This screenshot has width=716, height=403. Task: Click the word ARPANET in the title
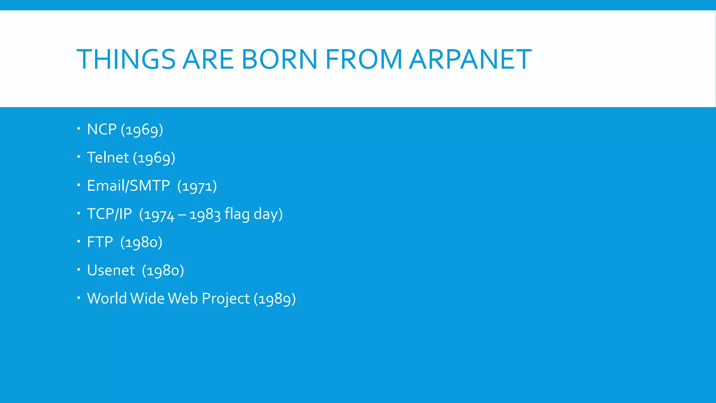pos(470,59)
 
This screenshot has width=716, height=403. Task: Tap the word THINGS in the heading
pos(126,59)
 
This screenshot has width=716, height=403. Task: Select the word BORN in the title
pos(279,59)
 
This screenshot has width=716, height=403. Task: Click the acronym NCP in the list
pos(102,129)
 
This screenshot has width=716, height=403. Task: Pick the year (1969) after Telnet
pos(154,158)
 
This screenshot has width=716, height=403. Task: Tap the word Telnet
pos(108,157)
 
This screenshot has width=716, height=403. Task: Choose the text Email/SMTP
pos(128,186)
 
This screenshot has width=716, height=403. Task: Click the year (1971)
pos(197,186)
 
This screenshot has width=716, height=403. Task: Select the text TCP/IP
pos(109,214)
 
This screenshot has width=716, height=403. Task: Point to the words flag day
pos(253,214)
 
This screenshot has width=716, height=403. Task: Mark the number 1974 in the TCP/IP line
pos(159,215)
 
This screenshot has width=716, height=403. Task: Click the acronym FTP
pos(100,242)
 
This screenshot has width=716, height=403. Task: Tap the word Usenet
pos(111,270)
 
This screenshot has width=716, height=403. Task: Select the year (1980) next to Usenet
pos(163,271)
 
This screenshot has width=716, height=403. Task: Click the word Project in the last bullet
pos(225,299)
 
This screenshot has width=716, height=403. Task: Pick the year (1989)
pos(275,299)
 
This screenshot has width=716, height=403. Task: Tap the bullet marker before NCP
pos(79,129)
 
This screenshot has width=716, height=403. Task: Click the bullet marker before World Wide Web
pos(79,298)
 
